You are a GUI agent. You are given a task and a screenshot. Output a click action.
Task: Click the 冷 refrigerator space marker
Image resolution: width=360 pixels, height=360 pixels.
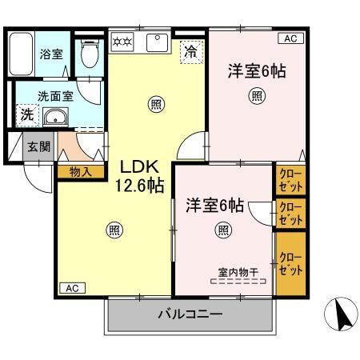(190, 50)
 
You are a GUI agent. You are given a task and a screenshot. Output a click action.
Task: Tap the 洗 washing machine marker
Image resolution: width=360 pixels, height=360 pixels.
(26, 114)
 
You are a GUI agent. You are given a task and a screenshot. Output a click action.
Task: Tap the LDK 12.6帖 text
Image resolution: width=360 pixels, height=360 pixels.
(142, 176)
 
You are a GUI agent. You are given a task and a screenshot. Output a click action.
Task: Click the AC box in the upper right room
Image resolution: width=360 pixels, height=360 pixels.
(289, 38)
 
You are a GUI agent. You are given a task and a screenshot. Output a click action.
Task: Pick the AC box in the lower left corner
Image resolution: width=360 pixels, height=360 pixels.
(71, 287)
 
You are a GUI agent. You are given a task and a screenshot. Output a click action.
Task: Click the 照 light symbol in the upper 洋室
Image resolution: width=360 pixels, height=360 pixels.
(256, 97)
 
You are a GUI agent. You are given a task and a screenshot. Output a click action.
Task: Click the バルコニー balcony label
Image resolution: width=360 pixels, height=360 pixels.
(190, 314)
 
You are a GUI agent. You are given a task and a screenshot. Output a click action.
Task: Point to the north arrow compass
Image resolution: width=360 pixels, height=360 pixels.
(342, 314)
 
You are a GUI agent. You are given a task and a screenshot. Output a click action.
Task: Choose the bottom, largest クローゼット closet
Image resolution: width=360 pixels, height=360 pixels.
(290, 262)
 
